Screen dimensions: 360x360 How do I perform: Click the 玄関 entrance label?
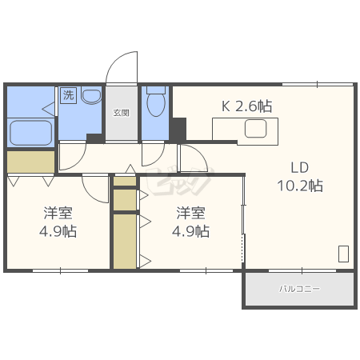point(122,113)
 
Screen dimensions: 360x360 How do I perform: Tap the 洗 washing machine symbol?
point(69,95)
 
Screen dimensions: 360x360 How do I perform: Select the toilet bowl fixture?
point(156,102)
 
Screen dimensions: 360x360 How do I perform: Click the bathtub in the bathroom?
point(31,133)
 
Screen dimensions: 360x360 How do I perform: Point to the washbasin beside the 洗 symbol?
point(91,96)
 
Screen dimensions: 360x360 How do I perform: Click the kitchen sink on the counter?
point(255,129)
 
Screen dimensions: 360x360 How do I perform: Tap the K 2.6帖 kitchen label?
point(246,106)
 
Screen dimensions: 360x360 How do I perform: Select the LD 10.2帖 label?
point(300,177)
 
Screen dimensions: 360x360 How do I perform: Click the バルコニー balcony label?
point(299,289)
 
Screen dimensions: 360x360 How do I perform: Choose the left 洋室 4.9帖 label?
point(58,222)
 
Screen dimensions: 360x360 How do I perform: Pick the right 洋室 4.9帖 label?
point(190,222)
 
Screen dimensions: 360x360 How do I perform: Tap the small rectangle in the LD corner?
point(343,254)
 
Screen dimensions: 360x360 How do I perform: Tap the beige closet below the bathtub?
point(30,162)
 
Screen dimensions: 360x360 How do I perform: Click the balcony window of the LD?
point(302,270)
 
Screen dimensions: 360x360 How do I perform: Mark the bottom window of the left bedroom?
point(60,270)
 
